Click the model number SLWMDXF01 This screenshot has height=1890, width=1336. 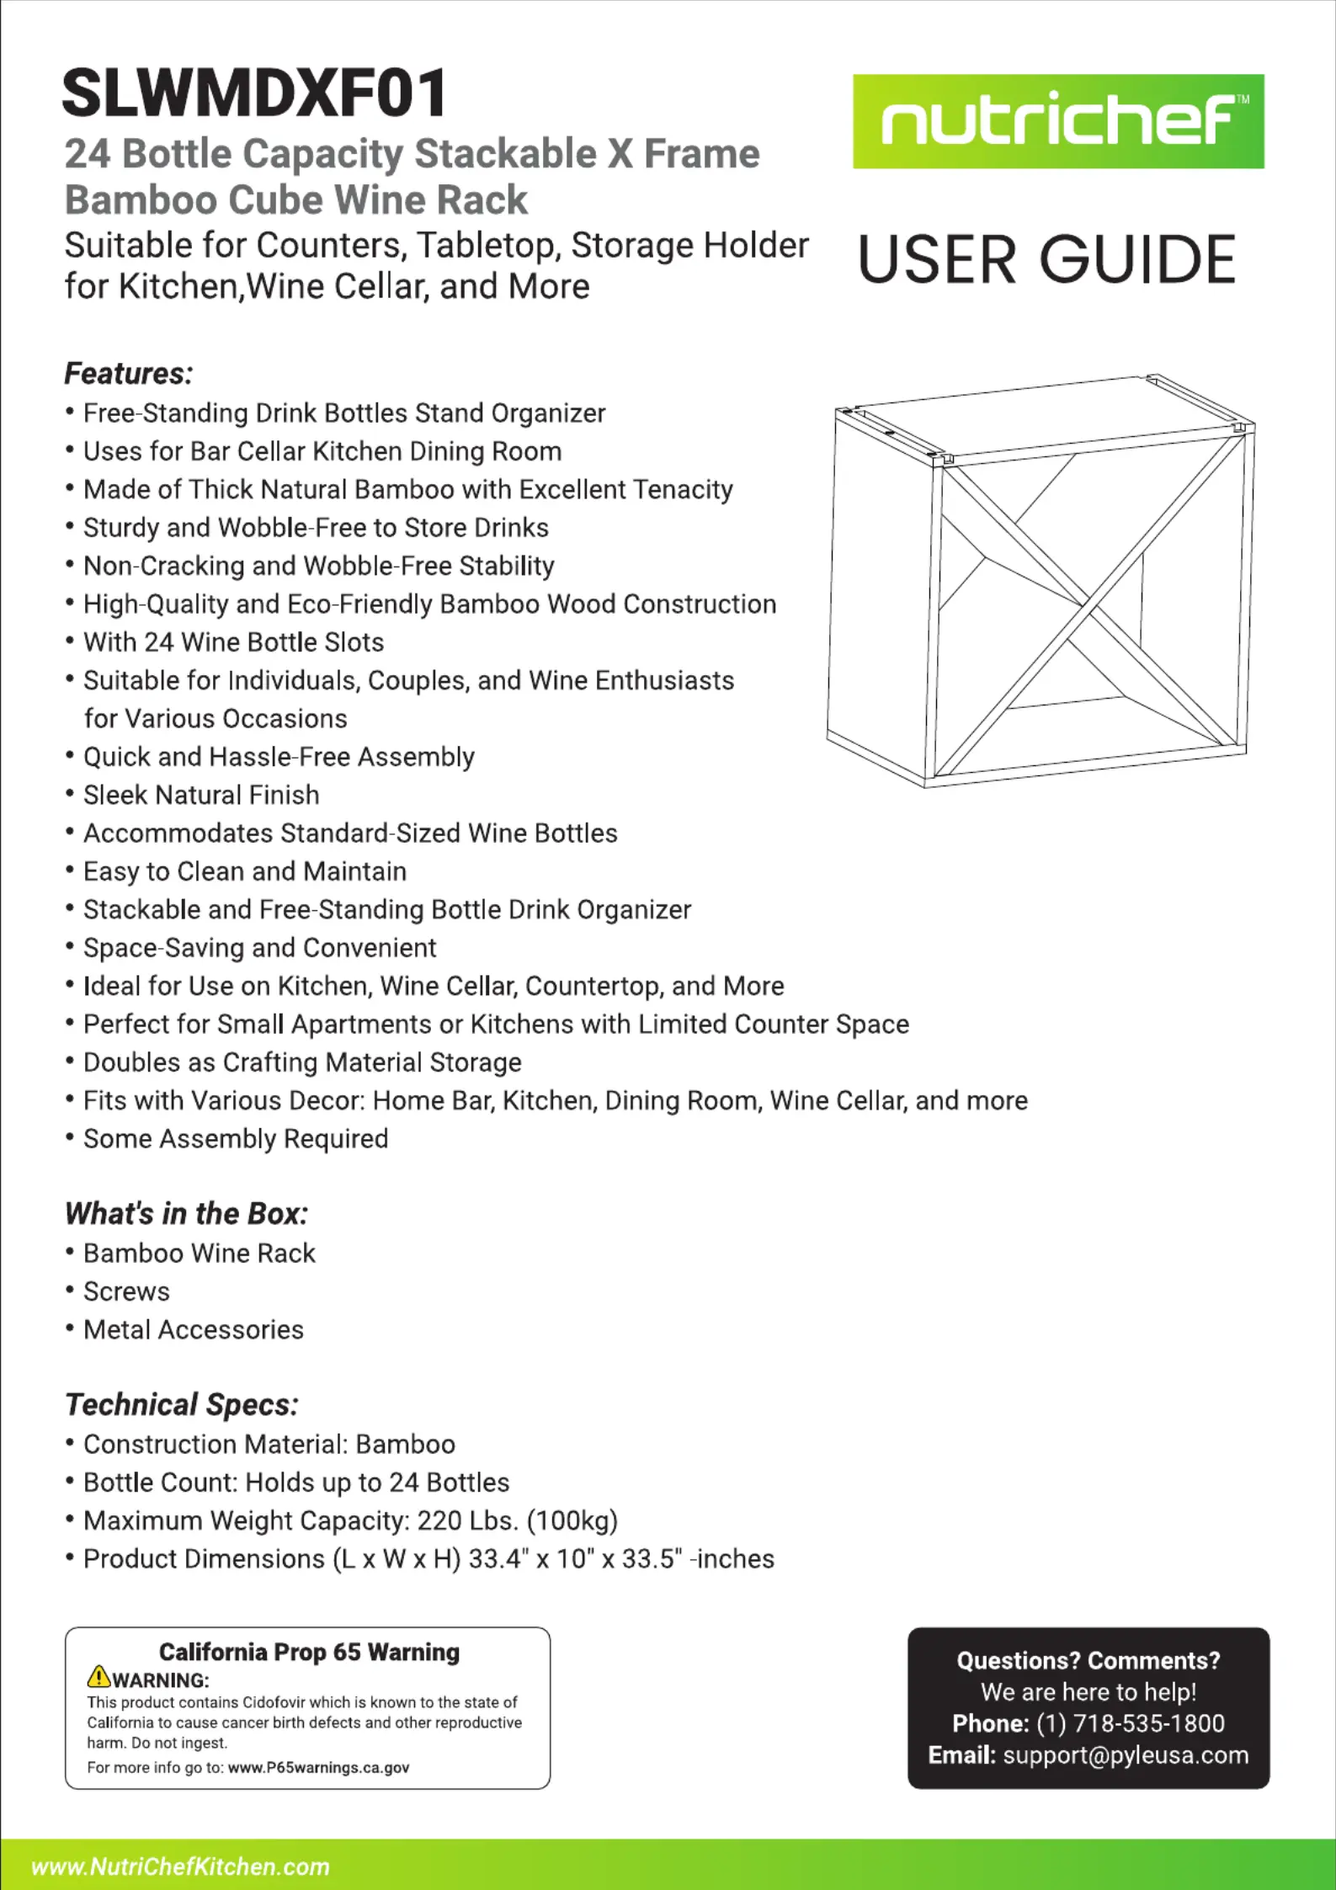[x=255, y=93]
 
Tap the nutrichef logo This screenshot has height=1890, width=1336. [x=1057, y=122]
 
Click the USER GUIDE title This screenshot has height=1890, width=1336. [x=1046, y=259]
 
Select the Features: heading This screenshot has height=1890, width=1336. [x=129, y=373]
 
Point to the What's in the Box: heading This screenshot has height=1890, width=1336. [x=186, y=1213]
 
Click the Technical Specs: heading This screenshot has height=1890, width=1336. [x=182, y=1404]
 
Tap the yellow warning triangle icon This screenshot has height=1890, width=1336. [x=98, y=1676]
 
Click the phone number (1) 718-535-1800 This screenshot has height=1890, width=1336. [x=1130, y=1723]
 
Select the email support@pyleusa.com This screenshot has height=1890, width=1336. [x=1126, y=1755]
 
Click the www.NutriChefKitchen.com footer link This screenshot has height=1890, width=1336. [x=180, y=1866]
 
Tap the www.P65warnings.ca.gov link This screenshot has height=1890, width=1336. [x=318, y=1767]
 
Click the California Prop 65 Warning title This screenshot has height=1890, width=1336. [x=309, y=1652]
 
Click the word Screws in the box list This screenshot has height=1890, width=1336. [x=126, y=1291]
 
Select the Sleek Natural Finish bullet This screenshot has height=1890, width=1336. [x=201, y=795]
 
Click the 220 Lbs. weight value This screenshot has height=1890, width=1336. [x=467, y=1520]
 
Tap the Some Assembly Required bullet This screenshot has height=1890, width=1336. [x=236, y=1138]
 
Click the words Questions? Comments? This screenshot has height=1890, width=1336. [x=1088, y=1660]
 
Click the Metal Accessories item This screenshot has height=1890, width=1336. [x=193, y=1329]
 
